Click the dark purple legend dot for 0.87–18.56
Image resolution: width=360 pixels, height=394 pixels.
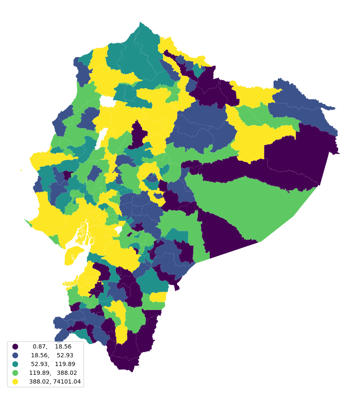tap(15, 346)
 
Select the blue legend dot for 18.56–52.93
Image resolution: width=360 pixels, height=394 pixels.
tap(15, 355)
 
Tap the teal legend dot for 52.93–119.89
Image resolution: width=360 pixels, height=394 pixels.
tap(15, 364)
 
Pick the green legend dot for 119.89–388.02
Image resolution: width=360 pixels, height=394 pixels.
tap(15, 373)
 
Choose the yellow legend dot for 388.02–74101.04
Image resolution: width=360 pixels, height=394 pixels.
tap(15, 381)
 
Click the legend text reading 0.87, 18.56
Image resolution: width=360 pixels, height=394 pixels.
tap(52, 346)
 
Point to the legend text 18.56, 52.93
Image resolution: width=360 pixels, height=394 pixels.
tap(52, 355)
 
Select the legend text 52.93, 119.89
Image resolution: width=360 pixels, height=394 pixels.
tap(52, 364)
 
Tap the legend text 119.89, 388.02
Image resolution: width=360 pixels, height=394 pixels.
tap(52, 373)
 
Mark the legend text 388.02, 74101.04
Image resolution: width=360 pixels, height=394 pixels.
tap(55, 381)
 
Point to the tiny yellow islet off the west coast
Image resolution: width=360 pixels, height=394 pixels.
tap(21, 170)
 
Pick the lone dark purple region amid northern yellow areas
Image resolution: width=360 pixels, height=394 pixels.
tap(138, 134)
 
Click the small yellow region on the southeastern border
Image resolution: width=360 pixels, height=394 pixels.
tap(158, 297)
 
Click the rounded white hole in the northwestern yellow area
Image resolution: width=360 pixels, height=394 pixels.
tap(107, 101)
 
